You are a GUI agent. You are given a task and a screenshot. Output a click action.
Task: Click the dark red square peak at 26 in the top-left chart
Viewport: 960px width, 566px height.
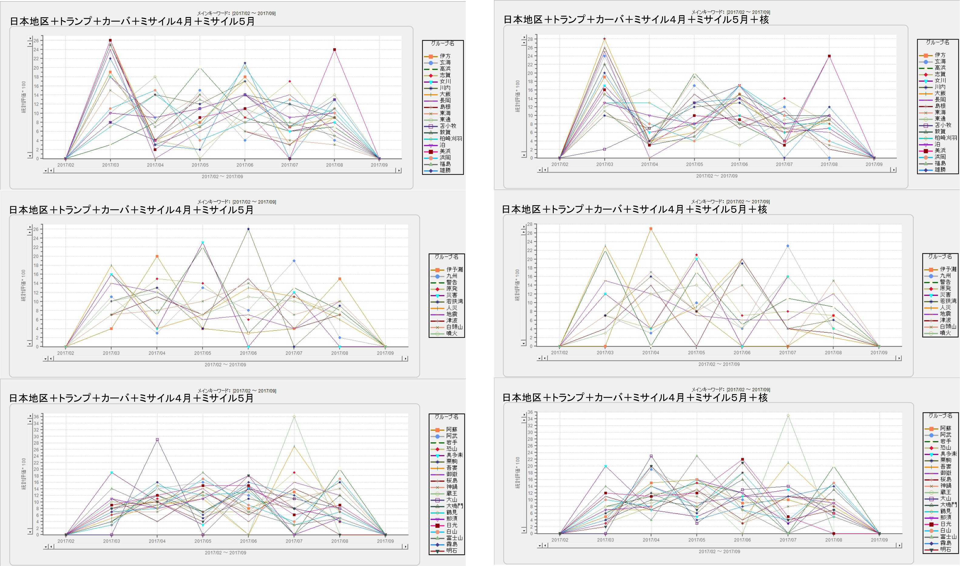(x=110, y=40)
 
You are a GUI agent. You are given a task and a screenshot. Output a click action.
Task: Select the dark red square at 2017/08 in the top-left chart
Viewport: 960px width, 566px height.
(x=334, y=49)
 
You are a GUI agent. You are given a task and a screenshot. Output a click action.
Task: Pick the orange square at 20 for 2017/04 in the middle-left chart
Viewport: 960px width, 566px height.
(x=157, y=256)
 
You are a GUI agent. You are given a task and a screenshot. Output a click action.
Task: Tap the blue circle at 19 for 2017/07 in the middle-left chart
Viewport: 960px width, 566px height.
(x=294, y=261)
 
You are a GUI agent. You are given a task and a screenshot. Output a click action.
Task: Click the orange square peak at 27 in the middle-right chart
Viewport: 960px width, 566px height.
(x=651, y=229)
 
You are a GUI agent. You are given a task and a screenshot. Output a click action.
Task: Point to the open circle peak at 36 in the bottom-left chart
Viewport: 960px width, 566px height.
(x=294, y=417)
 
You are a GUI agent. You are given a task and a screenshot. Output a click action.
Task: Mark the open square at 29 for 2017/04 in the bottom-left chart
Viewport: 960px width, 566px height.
(x=157, y=440)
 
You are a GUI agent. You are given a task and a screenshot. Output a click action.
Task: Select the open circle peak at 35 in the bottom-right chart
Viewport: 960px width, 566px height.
(x=788, y=416)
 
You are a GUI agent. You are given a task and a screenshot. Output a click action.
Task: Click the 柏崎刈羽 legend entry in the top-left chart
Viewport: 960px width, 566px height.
(x=451, y=138)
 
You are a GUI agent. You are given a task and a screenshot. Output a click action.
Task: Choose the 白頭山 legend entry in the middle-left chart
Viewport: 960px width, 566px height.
(x=454, y=327)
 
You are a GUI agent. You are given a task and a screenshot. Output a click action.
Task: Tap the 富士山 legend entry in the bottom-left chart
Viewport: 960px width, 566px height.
(x=454, y=538)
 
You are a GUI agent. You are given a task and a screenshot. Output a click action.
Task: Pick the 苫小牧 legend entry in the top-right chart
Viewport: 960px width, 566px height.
(x=943, y=125)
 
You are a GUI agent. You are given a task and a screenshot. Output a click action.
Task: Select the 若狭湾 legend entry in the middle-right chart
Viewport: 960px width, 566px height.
(x=948, y=301)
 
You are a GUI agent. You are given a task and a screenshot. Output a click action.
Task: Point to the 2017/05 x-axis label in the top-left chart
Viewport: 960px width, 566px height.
(x=200, y=165)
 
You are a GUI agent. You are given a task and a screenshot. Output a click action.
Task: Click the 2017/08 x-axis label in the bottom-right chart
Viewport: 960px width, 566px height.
(x=833, y=540)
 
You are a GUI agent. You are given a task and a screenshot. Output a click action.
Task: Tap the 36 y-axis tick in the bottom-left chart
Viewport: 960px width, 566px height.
(x=36, y=417)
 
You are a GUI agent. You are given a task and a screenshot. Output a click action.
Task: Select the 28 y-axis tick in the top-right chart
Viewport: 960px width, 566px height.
(x=530, y=39)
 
